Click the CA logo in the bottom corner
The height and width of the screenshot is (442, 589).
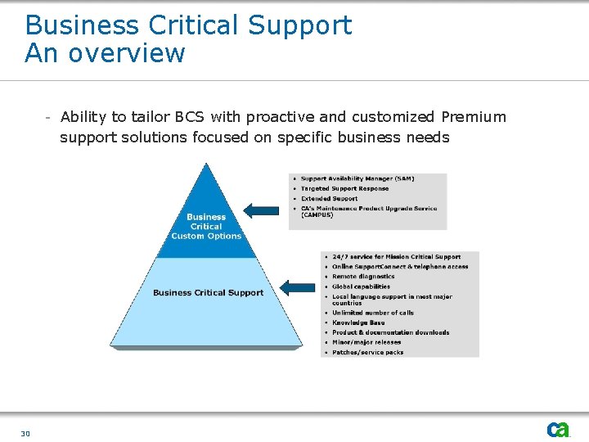(558, 429)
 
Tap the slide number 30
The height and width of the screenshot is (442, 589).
(25, 433)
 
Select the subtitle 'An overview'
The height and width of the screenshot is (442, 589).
(106, 53)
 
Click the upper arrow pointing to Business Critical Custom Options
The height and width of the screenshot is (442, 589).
(262, 210)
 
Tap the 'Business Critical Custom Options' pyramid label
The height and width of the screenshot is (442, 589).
(206, 227)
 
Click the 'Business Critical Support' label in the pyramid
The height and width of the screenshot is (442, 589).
(208, 292)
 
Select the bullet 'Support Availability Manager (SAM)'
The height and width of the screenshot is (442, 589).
(357, 178)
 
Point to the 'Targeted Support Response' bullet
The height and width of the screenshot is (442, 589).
(344, 188)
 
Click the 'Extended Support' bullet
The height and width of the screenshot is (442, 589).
(329, 198)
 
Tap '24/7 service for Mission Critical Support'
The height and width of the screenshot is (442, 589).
(396, 257)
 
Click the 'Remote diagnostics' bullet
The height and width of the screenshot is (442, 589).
(363, 277)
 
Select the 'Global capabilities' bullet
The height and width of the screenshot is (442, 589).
(361, 286)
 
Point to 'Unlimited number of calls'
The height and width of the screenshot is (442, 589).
(372, 313)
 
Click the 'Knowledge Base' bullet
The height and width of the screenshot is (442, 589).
(357, 322)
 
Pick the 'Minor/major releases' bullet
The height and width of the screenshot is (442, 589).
(366, 342)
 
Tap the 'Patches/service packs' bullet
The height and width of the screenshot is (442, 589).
(367, 352)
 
